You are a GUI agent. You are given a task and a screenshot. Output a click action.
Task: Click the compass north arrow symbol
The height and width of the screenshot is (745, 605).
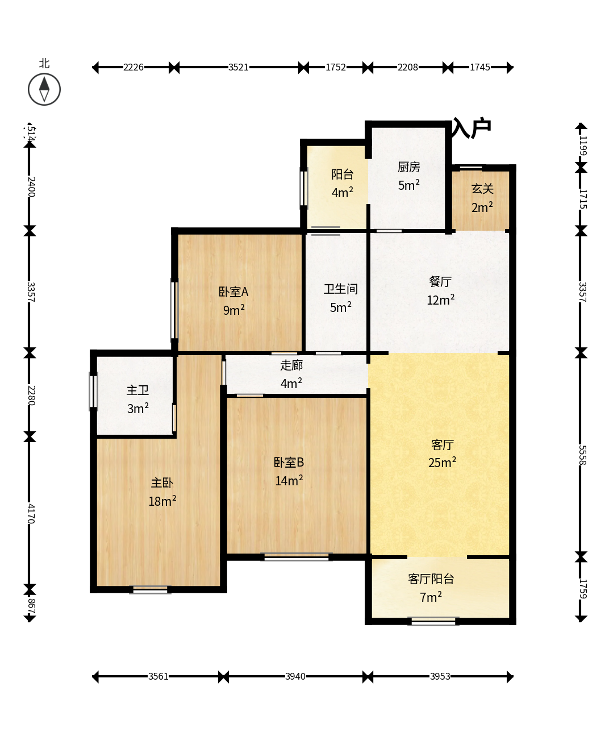(x=44, y=89)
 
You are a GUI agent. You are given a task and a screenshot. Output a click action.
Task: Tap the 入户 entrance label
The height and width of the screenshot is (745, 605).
(x=472, y=128)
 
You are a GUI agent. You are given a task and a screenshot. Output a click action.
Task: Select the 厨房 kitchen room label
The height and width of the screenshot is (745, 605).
(x=408, y=167)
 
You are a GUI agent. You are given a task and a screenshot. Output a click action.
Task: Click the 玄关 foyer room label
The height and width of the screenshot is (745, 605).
(x=482, y=189)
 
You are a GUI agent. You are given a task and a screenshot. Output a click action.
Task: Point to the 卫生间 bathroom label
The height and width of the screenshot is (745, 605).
(x=341, y=289)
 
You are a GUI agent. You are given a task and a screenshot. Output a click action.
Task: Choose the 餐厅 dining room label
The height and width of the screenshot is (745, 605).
(x=440, y=281)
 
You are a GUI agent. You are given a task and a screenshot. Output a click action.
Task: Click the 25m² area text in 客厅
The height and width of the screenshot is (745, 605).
(x=442, y=463)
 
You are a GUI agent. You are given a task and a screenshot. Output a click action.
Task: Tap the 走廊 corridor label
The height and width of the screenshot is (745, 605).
(x=291, y=365)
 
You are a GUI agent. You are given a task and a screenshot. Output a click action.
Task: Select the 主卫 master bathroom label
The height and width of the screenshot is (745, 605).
(x=137, y=390)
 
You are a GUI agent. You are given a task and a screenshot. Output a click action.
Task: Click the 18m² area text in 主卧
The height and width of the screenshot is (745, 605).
(x=162, y=501)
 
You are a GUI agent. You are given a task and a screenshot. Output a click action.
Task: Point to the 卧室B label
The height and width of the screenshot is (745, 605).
(x=289, y=463)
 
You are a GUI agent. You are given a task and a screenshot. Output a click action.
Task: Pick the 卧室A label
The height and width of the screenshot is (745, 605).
(x=233, y=292)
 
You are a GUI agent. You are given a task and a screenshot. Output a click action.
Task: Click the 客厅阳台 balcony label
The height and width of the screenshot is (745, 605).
(x=431, y=579)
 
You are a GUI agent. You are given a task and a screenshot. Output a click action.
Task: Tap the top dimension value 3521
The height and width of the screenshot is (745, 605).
(x=238, y=67)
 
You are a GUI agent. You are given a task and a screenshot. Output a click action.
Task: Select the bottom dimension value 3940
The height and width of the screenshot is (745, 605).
(x=295, y=676)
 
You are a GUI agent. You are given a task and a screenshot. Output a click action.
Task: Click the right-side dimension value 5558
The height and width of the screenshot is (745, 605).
(x=582, y=455)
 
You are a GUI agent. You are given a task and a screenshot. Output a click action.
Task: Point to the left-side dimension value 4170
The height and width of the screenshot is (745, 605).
(x=31, y=514)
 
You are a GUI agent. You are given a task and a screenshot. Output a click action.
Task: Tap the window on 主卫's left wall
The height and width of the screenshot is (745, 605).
(x=93, y=391)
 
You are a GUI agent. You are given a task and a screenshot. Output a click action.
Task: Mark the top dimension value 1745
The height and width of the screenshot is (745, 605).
(x=480, y=67)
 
